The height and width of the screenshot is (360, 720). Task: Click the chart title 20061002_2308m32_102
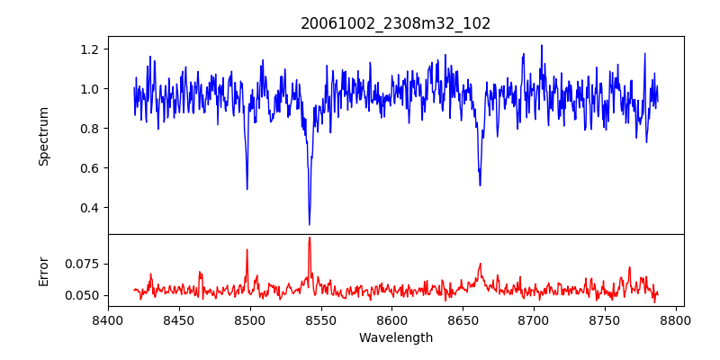pos(396,23)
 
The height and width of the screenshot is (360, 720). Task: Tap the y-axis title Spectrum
pos(43,136)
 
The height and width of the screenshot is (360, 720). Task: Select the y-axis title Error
pos(43,270)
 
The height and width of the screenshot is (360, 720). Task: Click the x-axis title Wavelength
pos(396,338)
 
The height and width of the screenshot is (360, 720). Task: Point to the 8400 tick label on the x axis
pos(108,319)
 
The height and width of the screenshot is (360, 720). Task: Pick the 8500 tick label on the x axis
pos(250,319)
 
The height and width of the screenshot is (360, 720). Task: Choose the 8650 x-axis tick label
pos(463,319)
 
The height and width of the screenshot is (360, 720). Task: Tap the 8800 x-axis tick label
pos(677,319)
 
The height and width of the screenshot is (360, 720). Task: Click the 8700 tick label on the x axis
pos(535,319)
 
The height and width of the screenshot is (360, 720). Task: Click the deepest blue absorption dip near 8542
pos(310,224)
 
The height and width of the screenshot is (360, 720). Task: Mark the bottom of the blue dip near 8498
pos(247,189)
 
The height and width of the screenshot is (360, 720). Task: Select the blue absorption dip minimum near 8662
pos(480,185)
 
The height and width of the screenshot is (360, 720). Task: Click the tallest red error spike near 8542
pos(310,238)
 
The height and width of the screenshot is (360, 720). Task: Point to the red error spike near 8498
pos(247,249)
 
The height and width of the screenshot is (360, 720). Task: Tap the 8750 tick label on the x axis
pos(606,319)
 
